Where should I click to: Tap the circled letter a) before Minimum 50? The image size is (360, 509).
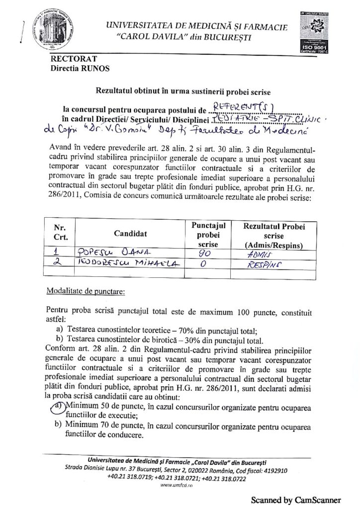tap(57, 406)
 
